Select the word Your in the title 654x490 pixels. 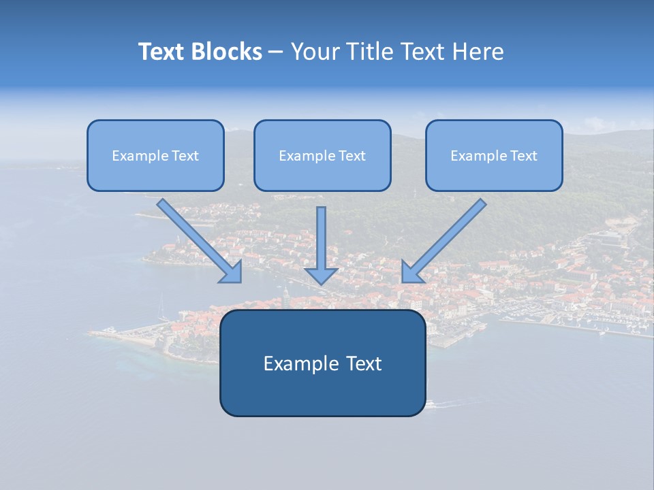[x=316, y=52]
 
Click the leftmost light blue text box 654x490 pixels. [x=155, y=156]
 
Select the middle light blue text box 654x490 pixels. [x=322, y=156]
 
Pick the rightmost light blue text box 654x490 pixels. [x=494, y=156]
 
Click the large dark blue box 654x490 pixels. [x=322, y=363]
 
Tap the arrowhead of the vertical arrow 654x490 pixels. [x=322, y=275]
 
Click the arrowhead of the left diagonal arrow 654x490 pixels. [x=233, y=273]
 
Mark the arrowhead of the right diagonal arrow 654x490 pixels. [x=410, y=273]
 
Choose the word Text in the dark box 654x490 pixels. [x=362, y=363]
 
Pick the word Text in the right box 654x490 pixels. [x=524, y=156]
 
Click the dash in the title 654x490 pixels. [x=276, y=52]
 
